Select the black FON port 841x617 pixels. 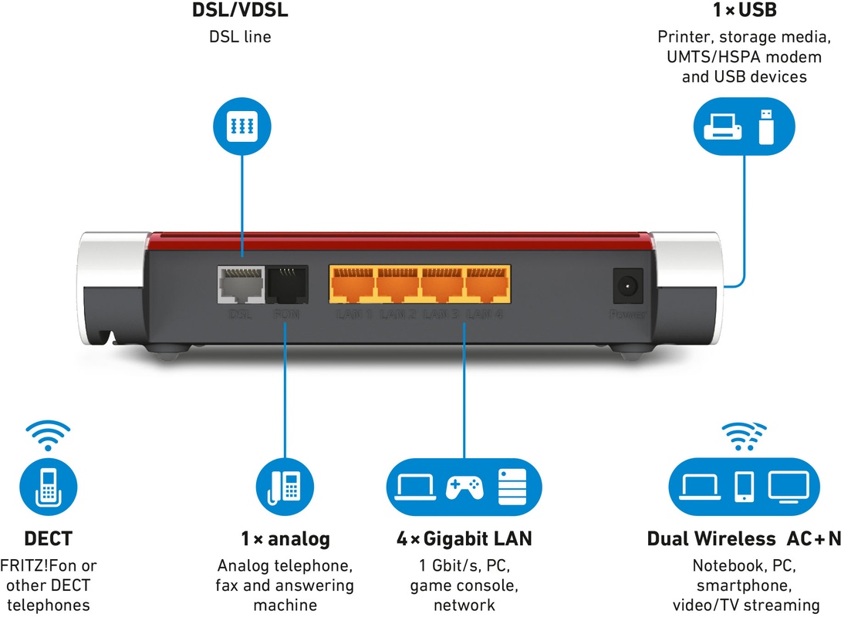pyautogui.click(x=286, y=286)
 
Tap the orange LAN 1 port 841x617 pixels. pyautogui.click(x=353, y=286)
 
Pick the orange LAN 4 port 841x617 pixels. pyautogui.click(x=485, y=286)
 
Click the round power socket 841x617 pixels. pyautogui.click(x=627, y=287)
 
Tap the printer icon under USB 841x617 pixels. pyautogui.click(x=724, y=126)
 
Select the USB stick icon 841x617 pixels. pyautogui.click(x=765, y=126)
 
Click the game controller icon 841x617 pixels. pyautogui.click(x=464, y=487)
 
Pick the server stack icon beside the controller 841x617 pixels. pyautogui.click(x=510, y=487)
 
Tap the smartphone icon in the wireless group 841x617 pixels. pyautogui.click(x=745, y=487)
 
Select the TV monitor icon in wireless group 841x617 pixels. pyautogui.click(x=789, y=485)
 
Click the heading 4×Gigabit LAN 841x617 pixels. pyautogui.click(x=464, y=539)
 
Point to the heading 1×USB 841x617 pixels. pyautogui.click(x=745, y=12)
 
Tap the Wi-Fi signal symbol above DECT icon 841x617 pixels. pyautogui.click(x=47, y=433)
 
